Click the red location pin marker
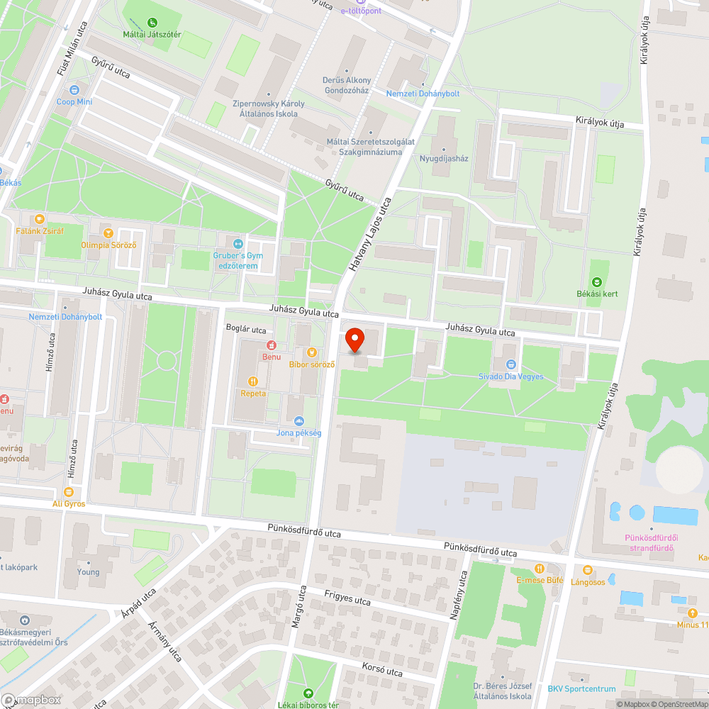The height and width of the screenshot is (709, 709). [x=355, y=340]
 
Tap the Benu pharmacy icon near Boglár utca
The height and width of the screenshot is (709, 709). [x=270, y=345]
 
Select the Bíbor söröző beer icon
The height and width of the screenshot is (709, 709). [x=311, y=352]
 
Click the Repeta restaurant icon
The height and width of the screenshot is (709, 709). [x=253, y=381]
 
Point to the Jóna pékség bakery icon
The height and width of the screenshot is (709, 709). [x=298, y=421]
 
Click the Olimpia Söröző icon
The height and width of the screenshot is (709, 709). [x=108, y=233]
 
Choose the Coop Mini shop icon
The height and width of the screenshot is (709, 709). [x=74, y=90]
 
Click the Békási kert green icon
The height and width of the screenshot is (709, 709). [x=596, y=282]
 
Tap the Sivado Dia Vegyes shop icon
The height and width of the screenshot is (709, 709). [x=510, y=364]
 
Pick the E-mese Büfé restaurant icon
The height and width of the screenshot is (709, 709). [x=540, y=568]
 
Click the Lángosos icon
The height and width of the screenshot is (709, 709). [x=587, y=570]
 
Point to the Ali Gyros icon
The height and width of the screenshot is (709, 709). [x=69, y=491]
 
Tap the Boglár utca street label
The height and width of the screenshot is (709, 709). [x=245, y=330]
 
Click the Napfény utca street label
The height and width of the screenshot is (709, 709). [x=459, y=596]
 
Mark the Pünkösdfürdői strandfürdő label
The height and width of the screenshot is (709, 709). [x=649, y=542]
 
